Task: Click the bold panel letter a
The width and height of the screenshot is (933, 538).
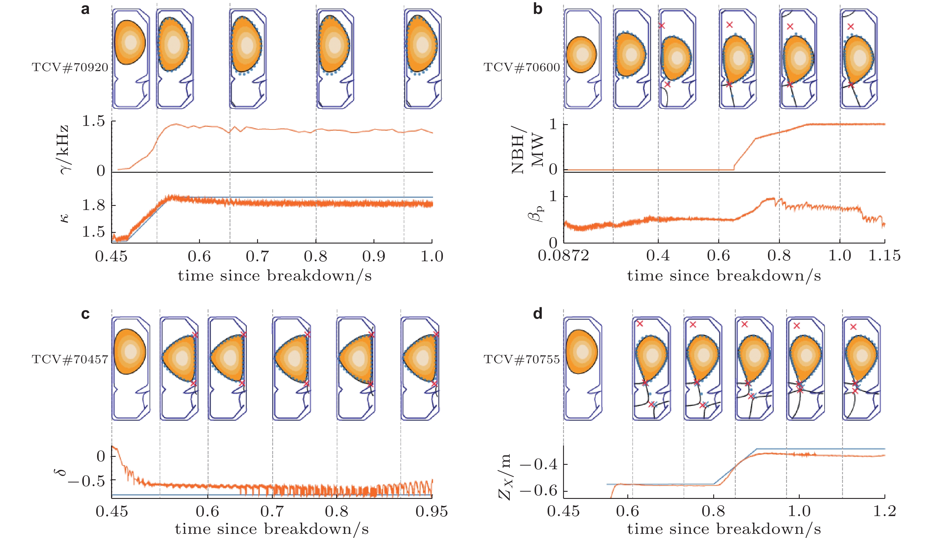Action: coord(85,9)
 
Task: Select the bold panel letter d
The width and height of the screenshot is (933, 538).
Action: coord(538,314)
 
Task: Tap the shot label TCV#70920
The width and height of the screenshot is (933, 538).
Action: coord(70,67)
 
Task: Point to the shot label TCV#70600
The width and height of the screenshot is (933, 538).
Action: coord(522,67)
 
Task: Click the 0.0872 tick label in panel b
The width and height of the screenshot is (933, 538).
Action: coord(563,256)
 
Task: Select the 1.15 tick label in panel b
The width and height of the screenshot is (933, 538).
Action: coord(884,256)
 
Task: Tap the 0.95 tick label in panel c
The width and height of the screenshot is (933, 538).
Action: coord(432,511)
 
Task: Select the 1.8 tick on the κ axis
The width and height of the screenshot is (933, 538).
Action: coord(93,205)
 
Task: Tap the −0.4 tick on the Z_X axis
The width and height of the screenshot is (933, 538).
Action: coord(539,465)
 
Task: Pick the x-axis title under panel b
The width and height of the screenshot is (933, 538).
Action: coord(724,276)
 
